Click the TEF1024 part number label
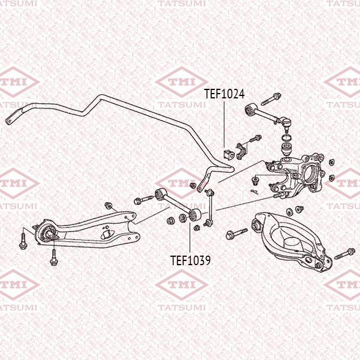[x=224, y=94]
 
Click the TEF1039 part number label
[x=190, y=260]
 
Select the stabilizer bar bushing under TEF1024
[x=228, y=154]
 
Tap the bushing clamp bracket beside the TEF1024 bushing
[x=241, y=151]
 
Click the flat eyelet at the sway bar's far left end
[x=10, y=121]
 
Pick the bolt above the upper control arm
[x=271, y=99]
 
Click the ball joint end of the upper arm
[x=284, y=121]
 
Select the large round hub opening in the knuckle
[x=311, y=174]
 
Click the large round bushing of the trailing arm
[x=46, y=232]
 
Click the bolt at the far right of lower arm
[x=345, y=253]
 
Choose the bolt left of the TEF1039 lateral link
[x=143, y=200]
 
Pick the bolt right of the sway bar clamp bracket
[x=255, y=139]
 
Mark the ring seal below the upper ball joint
[x=287, y=138]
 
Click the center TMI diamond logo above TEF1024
[x=182, y=82]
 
